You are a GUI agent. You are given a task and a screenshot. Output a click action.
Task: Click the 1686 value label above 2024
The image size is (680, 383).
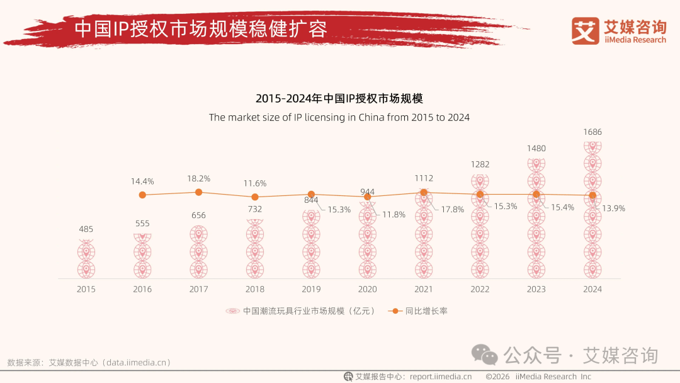(x=592, y=132)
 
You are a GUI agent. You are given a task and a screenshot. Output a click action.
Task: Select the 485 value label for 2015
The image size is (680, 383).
(x=86, y=229)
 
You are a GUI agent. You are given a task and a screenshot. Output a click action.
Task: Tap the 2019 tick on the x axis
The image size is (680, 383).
(x=311, y=289)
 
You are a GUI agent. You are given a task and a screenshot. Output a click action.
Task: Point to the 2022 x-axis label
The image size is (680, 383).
(x=480, y=289)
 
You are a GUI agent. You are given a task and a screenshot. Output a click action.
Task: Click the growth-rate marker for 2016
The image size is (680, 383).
(x=142, y=195)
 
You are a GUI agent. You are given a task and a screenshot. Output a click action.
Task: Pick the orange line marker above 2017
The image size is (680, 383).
(x=198, y=192)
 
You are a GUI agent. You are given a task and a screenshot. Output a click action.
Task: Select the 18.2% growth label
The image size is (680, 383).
(x=198, y=178)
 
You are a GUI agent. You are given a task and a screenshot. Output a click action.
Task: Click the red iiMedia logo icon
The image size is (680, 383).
(x=585, y=31)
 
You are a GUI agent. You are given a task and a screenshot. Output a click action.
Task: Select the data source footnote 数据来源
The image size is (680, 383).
(x=89, y=362)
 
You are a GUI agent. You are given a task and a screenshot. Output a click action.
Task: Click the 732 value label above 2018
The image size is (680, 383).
(x=254, y=209)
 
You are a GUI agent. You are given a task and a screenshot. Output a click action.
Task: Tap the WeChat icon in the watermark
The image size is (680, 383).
(x=485, y=355)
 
